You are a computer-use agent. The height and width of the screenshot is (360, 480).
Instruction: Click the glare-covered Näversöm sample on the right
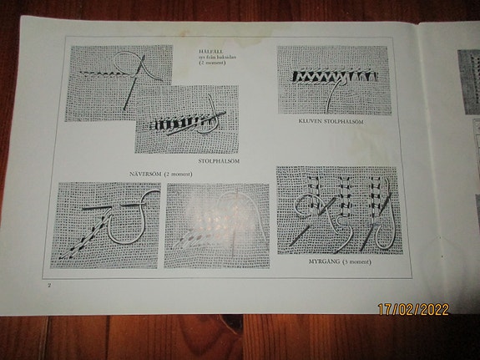[x=215, y=224]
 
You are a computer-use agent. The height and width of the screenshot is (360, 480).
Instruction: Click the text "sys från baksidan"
[x=214, y=56]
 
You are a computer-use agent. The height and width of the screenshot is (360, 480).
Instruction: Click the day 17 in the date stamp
[x=386, y=309]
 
